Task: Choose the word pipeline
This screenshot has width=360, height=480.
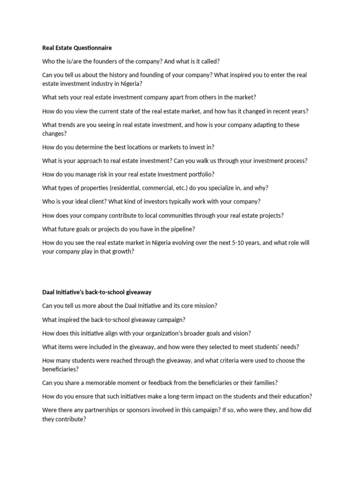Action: coord(183,229)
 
